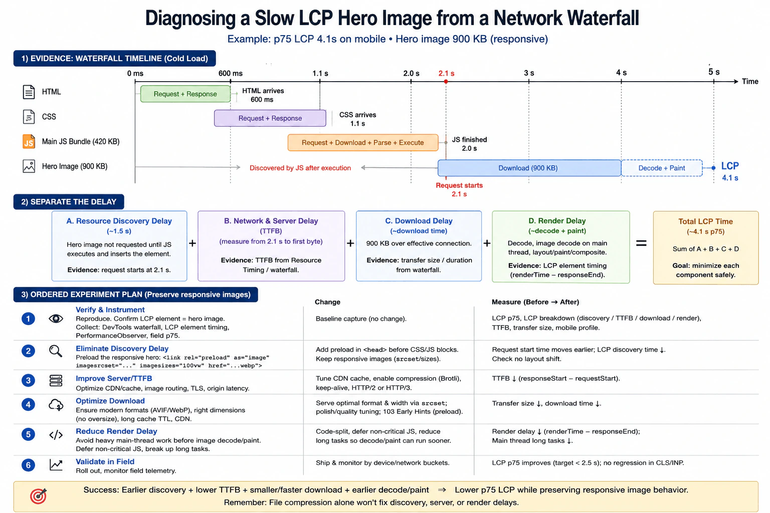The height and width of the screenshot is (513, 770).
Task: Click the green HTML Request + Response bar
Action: tap(185, 94)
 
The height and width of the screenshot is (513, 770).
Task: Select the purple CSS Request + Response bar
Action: tap(270, 118)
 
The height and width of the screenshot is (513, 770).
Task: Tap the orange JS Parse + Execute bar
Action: tap(363, 143)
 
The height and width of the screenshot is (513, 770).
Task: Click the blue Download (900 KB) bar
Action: tap(529, 168)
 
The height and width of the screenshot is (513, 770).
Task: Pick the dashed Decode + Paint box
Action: tap(662, 168)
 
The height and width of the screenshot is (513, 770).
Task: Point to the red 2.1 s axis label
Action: tap(446, 73)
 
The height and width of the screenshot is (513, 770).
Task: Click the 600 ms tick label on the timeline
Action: tap(230, 73)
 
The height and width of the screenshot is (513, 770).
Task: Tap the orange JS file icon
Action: tap(29, 142)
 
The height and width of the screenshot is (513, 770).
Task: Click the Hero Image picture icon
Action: tap(29, 166)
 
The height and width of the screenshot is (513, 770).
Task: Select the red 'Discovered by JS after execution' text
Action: tap(300, 168)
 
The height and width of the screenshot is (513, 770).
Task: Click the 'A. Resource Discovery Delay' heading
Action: tap(119, 221)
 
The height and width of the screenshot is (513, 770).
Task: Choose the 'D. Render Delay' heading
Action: tap(557, 220)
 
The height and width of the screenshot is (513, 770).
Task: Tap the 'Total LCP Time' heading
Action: tap(705, 221)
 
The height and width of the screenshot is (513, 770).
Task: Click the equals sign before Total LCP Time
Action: tap(641, 243)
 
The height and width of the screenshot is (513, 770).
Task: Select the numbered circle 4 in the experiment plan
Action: tap(28, 404)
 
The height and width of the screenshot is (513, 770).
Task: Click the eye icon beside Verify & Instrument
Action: tap(56, 319)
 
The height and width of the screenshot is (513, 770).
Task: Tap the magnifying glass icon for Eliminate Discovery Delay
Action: tap(55, 351)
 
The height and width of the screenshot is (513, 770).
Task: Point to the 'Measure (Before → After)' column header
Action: tap(535, 302)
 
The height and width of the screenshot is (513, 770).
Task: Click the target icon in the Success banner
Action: tap(38, 496)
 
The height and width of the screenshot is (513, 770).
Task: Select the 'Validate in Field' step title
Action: tap(105, 461)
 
